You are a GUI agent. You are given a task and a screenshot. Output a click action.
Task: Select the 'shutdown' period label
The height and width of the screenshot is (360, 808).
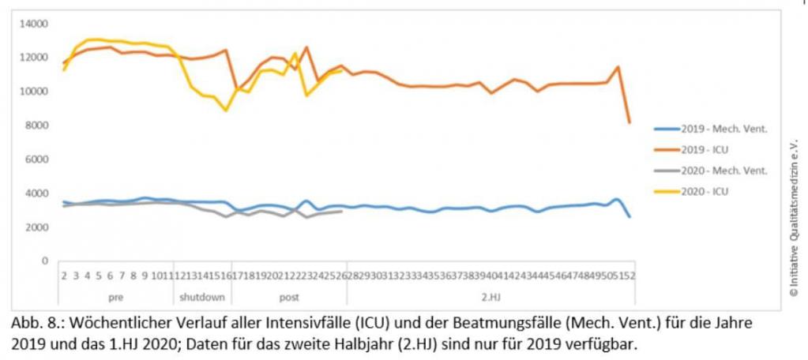click(202, 298)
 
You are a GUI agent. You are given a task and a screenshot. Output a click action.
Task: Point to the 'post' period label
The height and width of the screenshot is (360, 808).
click(289, 298)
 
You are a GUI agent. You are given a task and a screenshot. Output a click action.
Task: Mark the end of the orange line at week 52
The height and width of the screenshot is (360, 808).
click(629, 122)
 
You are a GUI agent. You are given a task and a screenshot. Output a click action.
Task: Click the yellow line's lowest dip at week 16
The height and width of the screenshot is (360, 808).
click(226, 110)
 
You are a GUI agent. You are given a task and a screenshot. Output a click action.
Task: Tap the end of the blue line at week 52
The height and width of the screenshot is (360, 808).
click(629, 216)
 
